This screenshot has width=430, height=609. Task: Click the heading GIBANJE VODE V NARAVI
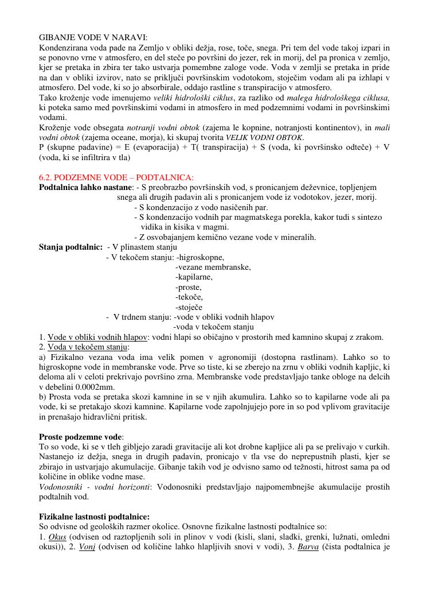[93, 37]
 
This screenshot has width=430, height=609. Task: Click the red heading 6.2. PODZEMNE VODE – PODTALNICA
[116, 177]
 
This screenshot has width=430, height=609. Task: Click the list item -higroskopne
[200, 257]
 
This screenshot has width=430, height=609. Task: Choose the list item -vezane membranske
[213, 267]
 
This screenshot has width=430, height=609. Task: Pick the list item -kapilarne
[194, 277]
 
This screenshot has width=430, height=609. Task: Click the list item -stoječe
[189, 307]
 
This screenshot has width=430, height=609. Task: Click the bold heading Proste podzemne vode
[81, 437]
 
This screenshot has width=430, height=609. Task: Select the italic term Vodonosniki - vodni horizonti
[94, 487]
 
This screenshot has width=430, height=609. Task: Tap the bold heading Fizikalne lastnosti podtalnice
[94, 517]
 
